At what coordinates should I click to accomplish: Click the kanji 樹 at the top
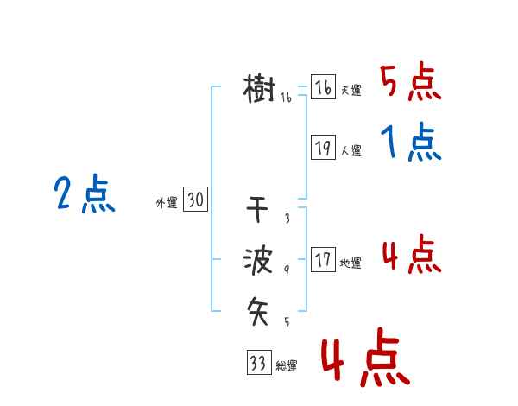click(260, 89)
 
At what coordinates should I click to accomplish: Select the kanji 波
click(259, 260)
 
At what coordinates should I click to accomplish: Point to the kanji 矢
click(259, 308)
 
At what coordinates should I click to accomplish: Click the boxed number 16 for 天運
click(323, 88)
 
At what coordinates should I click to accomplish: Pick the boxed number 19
click(323, 148)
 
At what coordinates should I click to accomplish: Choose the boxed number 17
click(323, 260)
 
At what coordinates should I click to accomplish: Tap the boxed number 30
click(195, 200)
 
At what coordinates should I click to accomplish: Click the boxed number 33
click(257, 363)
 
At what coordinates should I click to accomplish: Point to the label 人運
click(351, 150)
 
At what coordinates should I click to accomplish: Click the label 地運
click(351, 263)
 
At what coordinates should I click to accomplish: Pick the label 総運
click(286, 366)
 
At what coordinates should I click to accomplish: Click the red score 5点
click(410, 83)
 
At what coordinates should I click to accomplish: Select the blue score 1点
click(410, 143)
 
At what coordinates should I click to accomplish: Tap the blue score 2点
click(85, 194)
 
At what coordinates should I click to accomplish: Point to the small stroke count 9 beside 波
click(286, 270)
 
